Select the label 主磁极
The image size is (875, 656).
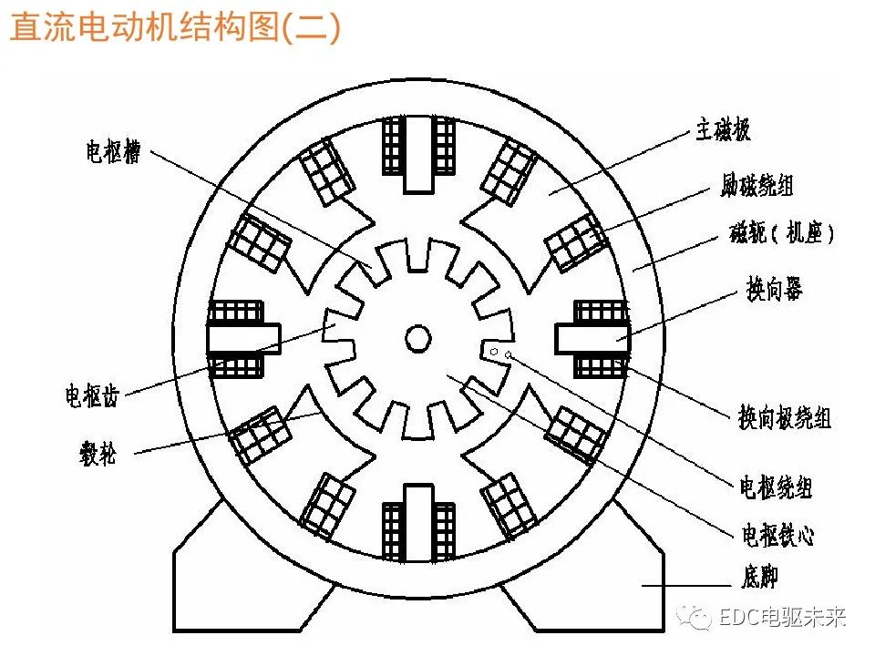(x=723, y=131)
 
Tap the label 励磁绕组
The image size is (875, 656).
(x=756, y=186)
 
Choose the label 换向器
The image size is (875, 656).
(x=774, y=292)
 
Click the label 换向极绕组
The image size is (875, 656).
(x=783, y=417)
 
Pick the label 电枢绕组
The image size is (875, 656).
(x=774, y=487)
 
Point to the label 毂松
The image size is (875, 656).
(x=98, y=453)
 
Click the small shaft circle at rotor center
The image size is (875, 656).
(x=417, y=338)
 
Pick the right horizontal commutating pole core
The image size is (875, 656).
(x=593, y=339)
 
